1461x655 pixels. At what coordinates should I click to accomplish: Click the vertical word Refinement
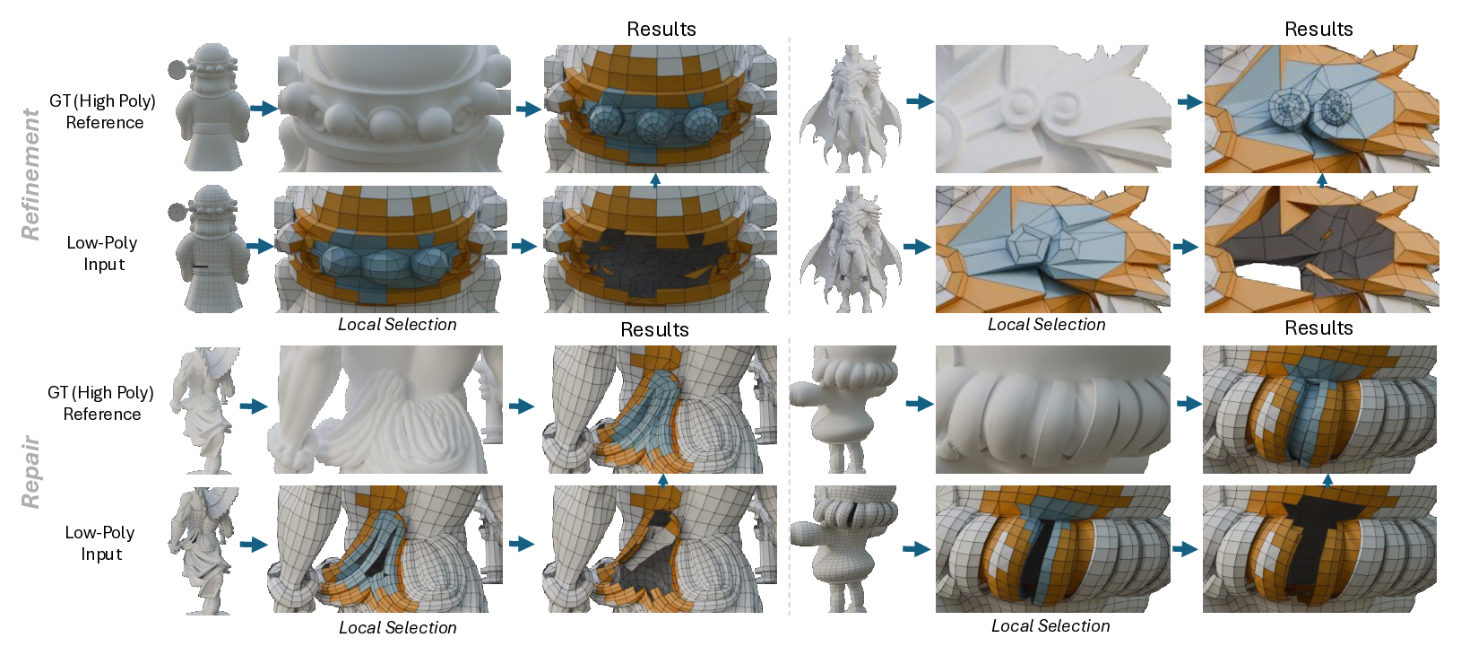[x=30, y=175]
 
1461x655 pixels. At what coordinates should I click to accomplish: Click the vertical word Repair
[x=30, y=472]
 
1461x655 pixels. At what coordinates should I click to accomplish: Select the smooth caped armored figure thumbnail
[x=851, y=109]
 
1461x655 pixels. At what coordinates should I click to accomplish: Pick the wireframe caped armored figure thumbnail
[x=851, y=249]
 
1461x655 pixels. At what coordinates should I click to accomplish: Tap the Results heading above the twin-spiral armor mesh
[x=1318, y=29]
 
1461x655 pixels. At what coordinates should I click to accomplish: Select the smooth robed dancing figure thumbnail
[x=203, y=410]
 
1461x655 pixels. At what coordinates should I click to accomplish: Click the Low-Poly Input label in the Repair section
[x=100, y=544]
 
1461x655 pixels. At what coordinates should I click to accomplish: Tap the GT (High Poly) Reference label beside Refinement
[x=103, y=111]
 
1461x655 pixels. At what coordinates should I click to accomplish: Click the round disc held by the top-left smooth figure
[x=177, y=68]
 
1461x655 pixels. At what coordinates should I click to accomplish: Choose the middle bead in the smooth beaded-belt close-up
[x=390, y=121]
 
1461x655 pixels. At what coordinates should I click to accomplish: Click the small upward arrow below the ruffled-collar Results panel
[x=1327, y=481]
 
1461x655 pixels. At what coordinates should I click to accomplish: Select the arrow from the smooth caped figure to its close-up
[x=921, y=101]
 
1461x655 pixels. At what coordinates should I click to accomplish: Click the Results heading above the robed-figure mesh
[x=654, y=330]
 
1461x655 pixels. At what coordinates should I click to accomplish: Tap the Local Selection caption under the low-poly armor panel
[x=1046, y=325]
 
